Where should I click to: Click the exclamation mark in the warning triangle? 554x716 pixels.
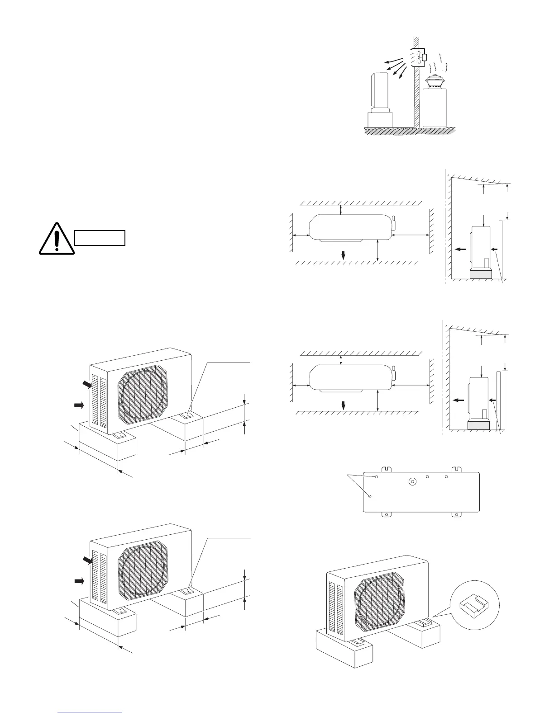pos(56,238)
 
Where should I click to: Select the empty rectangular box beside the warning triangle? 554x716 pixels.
pos(100,237)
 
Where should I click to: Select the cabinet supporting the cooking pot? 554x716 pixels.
pos(434,107)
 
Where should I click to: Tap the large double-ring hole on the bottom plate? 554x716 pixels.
pos(412,482)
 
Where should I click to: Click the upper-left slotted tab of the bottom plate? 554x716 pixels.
pos(386,470)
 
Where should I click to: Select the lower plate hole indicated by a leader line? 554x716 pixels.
pos(370,496)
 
